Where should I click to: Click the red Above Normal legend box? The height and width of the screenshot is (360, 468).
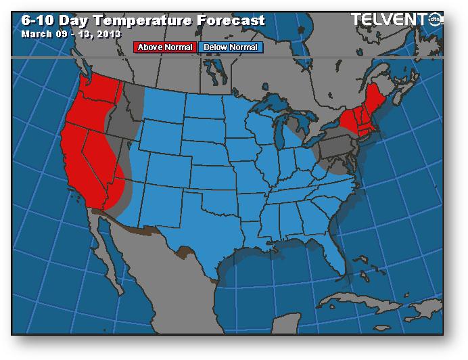[165, 47]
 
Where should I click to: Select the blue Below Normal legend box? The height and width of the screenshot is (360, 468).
[230, 47]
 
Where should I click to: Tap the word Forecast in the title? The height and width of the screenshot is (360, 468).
[230, 20]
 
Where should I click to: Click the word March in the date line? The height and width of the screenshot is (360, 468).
[36, 33]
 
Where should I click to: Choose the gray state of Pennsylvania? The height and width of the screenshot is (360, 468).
[335, 146]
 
